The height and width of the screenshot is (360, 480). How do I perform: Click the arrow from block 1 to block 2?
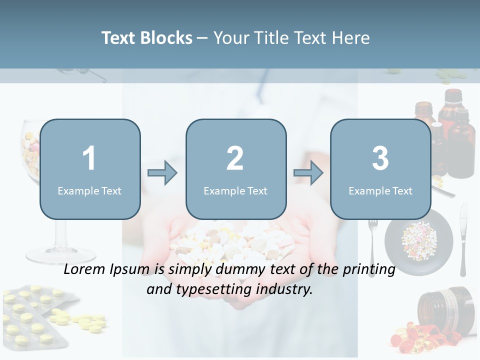pos(162,173)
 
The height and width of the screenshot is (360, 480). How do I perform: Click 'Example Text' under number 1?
pos(89,190)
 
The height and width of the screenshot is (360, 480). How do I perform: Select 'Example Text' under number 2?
pos(235,190)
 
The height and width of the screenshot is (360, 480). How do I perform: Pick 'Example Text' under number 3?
pos(380,190)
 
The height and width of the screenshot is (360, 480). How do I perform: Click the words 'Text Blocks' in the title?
pos(147,38)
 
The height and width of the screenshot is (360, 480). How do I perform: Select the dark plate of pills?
pos(418,242)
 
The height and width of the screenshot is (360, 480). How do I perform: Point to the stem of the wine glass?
pos(60,235)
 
